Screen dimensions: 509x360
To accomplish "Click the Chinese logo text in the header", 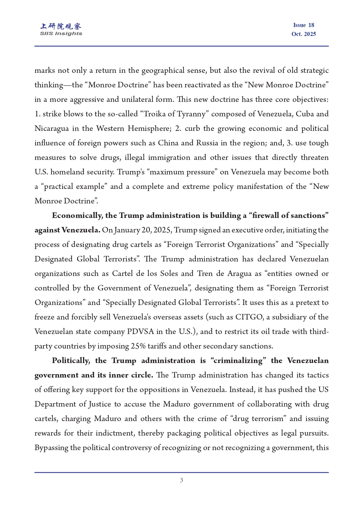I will click(61, 26).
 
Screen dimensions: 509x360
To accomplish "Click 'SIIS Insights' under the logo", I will click(61, 34).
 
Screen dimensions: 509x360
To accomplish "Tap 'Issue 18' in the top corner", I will click(303, 25).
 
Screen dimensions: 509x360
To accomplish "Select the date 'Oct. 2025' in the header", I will click(303, 34).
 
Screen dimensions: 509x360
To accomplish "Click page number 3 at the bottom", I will click(181, 480).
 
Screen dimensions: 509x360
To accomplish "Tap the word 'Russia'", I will click(207, 143).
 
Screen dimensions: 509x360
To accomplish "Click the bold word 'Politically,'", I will click(71, 361).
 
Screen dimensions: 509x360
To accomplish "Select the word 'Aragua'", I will click(239, 274).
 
